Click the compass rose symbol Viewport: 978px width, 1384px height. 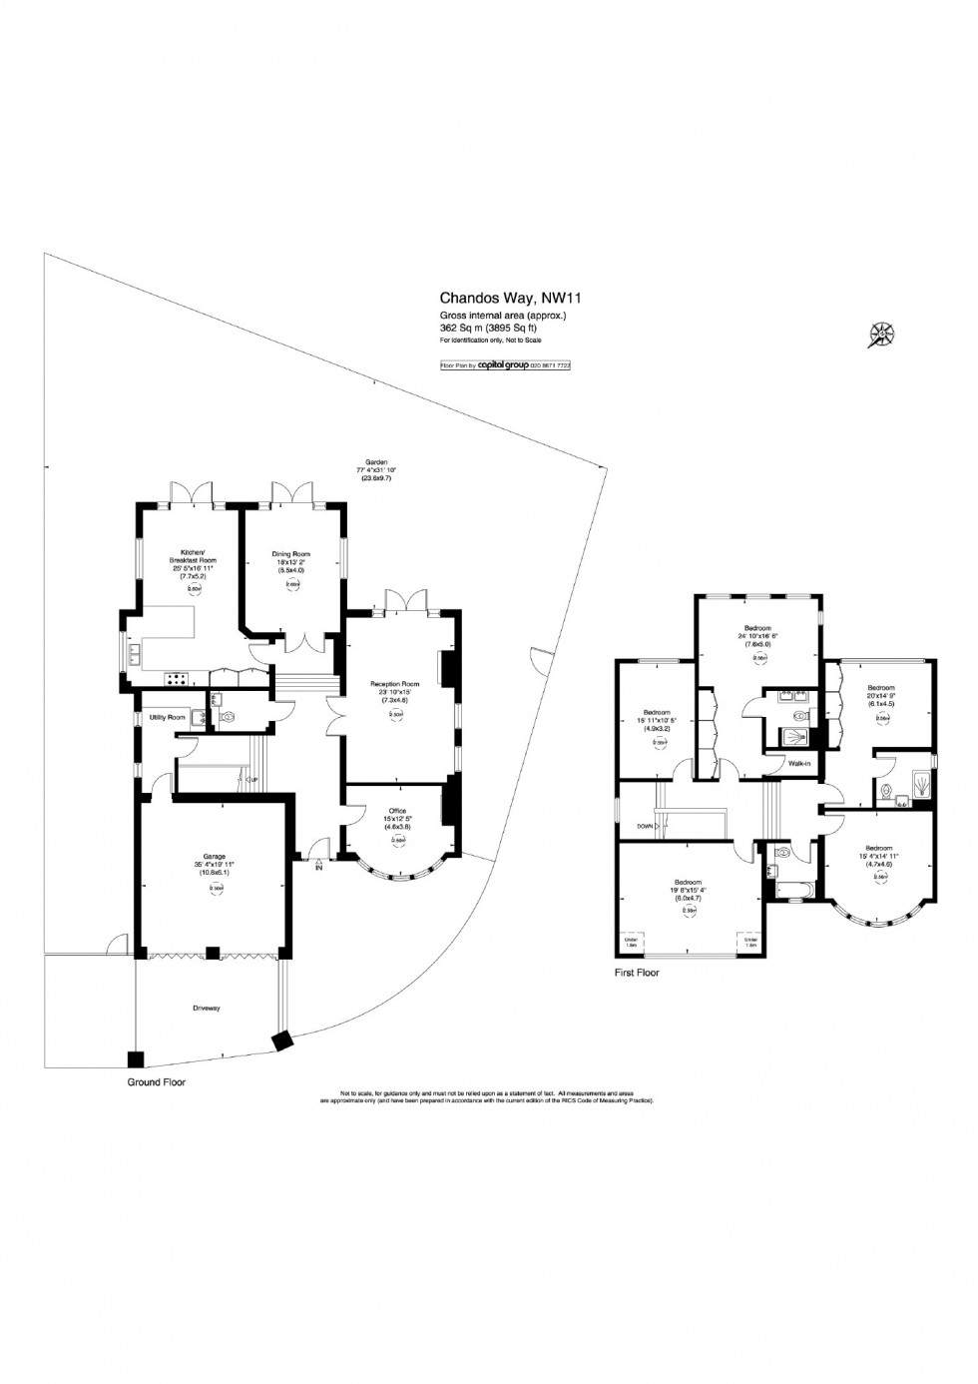click(x=882, y=336)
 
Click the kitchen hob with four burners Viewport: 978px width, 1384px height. click(x=177, y=679)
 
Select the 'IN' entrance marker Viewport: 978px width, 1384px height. click(x=319, y=868)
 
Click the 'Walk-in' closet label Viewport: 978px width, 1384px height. click(x=800, y=763)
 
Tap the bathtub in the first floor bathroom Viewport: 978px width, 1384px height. click(x=793, y=885)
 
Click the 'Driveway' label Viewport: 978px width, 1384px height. click(x=208, y=1009)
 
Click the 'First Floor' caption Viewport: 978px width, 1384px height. click(x=637, y=972)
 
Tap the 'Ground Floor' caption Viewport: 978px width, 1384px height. click(x=156, y=1081)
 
